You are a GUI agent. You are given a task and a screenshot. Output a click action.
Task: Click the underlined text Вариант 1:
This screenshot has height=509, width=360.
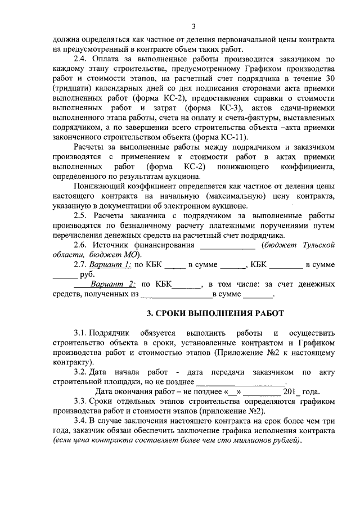click(x=110, y=264)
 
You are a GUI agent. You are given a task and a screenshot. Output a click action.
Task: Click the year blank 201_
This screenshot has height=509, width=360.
click(x=292, y=392)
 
